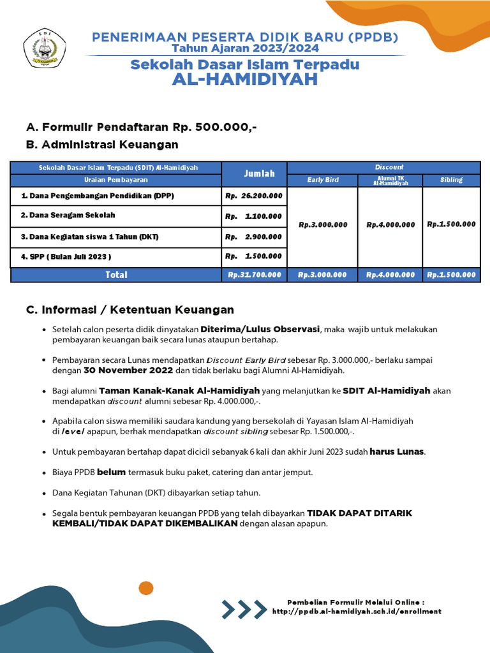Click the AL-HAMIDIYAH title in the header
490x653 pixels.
(245, 80)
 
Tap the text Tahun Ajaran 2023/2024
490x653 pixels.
(245, 48)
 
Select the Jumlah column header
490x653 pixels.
(254, 173)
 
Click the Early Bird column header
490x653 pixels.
(322, 180)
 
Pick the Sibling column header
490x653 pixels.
(451, 180)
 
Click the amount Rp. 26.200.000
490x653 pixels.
(254, 196)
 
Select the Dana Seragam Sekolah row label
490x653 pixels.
(68, 216)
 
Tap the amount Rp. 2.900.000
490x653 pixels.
(254, 237)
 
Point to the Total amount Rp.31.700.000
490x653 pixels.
(254, 275)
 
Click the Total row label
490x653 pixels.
(116, 275)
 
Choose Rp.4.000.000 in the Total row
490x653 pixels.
(391, 275)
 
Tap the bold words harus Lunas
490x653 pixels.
(397, 451)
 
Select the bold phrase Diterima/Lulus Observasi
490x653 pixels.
(260, 329)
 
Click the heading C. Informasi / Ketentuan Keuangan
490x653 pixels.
(130, 310)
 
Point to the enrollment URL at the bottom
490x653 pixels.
(356, 612)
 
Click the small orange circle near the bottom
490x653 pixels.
(146, 588)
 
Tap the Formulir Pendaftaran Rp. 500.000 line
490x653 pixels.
(142, 127)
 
